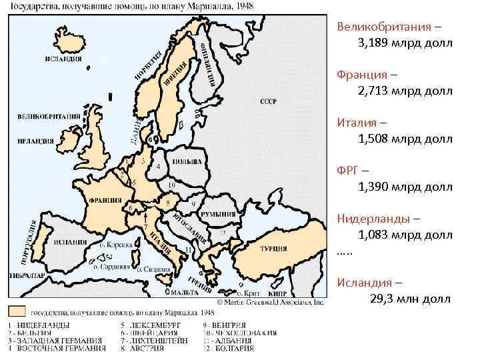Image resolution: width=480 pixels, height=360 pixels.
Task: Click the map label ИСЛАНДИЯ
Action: point(63,58)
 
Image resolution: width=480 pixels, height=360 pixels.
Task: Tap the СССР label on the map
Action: point(269,101)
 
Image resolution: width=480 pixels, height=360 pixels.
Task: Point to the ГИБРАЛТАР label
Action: point(27,275)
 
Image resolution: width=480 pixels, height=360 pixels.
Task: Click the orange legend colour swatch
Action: point(17,311)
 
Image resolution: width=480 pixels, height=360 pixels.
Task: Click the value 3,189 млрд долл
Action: point(405,43)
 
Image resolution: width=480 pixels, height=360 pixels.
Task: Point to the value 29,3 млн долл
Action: point(410,299)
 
